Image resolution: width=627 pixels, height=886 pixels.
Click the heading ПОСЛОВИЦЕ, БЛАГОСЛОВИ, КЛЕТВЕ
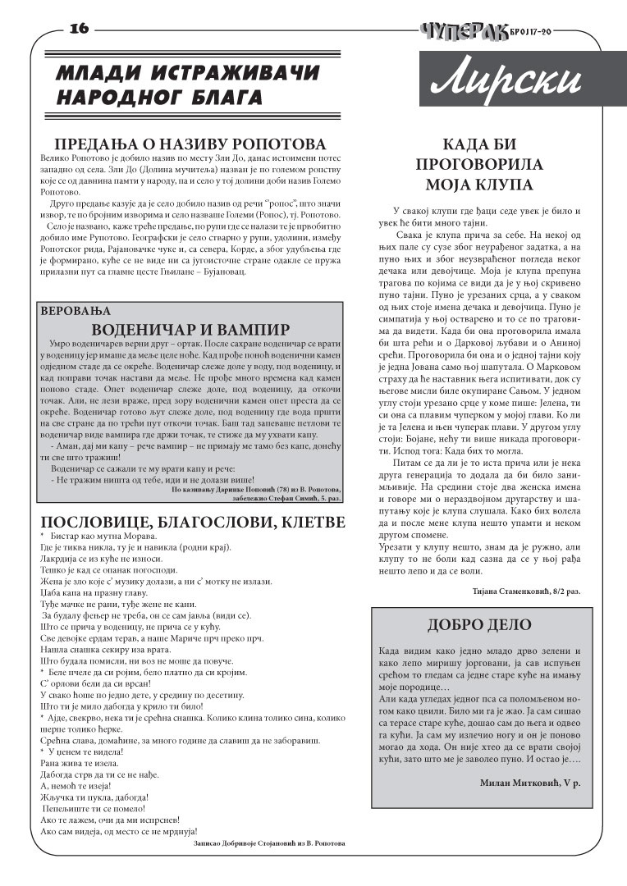pos(193,523)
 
